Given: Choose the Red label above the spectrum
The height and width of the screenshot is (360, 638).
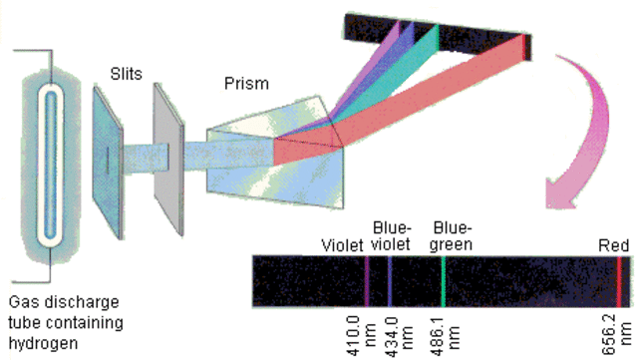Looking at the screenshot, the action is (x=613, y=245).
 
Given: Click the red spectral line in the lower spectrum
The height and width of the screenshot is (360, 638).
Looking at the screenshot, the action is (x=619, y=280).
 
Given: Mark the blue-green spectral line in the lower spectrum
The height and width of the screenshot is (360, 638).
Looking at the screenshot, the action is (x=443, y=280).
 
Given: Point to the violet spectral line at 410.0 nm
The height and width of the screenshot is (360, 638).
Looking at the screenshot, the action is (x=366, y=280).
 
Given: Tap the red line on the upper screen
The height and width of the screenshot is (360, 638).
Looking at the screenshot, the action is (x=524, y=46).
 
